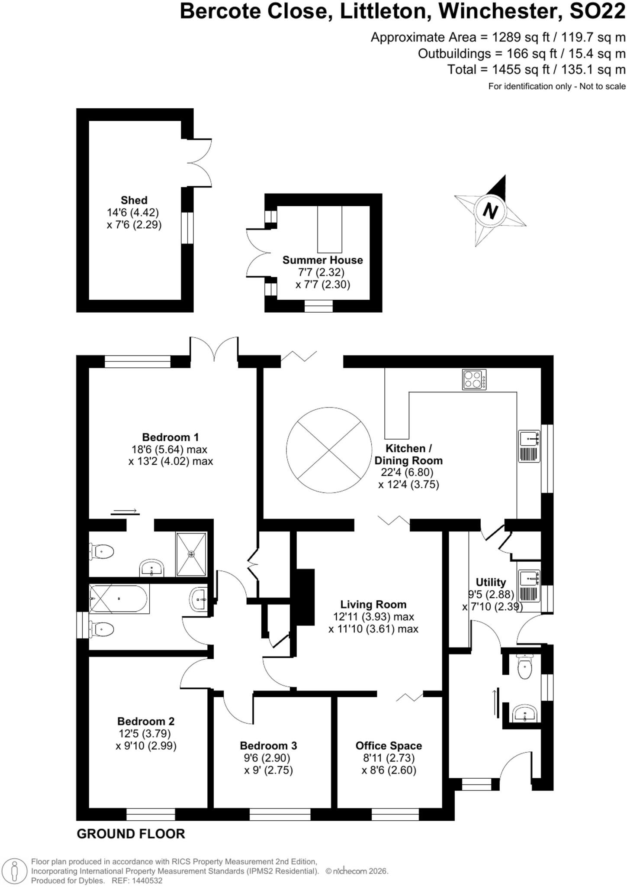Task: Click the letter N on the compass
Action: point(490,211)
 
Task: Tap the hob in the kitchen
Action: point(474,379)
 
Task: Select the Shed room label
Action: point(134,200)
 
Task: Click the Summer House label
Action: point(322,260)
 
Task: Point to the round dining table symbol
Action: point(329,450)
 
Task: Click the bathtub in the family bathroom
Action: point(119,599)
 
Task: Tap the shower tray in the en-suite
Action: point(191,554)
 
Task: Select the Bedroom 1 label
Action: point(170,437)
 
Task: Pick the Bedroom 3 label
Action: point(268,746)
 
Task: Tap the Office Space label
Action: point(389,746)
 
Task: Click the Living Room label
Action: point(373,604)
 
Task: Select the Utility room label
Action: point(491,582)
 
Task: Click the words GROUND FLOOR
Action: point(131,834)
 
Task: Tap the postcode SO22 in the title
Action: point(598,11)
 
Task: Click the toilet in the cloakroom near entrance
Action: point(525,666)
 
